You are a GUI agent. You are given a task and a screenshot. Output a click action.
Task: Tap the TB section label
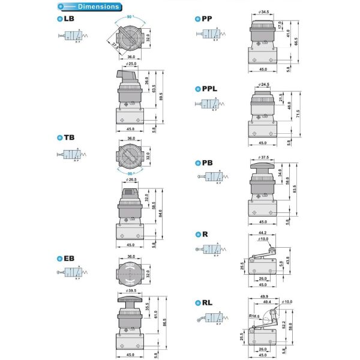pos(67,137)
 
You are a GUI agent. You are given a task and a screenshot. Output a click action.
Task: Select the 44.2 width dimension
pos(262,232)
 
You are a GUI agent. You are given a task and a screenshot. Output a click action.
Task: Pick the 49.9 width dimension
pos(264,296)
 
